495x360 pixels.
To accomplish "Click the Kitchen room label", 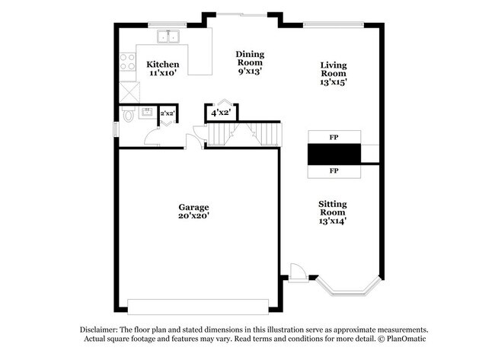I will click(163, 64).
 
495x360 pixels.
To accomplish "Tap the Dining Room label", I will click(250, 58).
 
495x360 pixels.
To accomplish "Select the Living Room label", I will click(333, 70).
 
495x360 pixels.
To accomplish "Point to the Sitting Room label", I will click(333, 209).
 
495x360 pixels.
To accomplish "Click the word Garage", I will click(193, 207).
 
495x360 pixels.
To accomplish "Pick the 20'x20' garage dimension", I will click(193, 216).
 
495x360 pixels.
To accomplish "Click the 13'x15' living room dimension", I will click(333, 81).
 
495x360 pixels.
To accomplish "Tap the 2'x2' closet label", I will click(167, 113).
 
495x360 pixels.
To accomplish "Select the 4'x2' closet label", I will click(221, 113).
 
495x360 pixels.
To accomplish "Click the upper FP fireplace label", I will click(333, 137).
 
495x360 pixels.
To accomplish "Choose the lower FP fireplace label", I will click(333, 171).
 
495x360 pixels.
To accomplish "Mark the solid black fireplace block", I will click(333, 155).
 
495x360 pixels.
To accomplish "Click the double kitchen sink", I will click(168, 37).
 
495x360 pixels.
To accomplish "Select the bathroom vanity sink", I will click(148, 113).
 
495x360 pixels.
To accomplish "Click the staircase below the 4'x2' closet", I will click(244, 135).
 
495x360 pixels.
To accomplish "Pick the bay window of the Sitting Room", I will click(346, 287).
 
